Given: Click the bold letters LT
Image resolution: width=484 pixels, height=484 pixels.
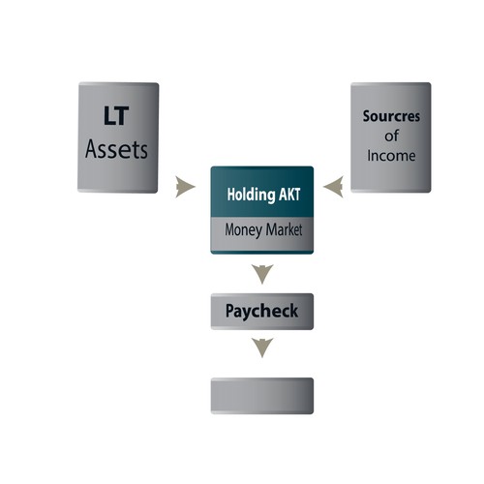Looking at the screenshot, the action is point(116,115).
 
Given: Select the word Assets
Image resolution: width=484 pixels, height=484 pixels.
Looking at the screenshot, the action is point(116,149).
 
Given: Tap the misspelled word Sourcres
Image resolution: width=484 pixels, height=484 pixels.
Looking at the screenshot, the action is point(391,116).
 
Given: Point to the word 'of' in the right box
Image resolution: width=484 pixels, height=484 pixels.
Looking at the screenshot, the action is point(391,136).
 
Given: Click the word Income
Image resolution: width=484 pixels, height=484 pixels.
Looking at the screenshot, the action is point(391,156).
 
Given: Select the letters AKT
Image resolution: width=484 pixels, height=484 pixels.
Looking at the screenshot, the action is point(289,195).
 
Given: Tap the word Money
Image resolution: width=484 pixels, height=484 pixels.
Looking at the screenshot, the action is point(243,230).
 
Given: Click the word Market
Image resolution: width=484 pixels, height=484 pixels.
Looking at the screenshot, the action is point(284,229).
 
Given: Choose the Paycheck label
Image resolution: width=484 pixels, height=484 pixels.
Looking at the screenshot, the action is point(261,311).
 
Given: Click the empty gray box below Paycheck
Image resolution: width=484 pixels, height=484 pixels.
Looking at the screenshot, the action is point(262,396).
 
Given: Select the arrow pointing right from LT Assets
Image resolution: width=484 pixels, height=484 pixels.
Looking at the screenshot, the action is point(185,187).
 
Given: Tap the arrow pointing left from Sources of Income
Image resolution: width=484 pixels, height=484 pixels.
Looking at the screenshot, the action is point(333,187).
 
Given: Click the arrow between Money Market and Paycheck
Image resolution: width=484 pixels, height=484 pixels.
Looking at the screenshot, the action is point(262,274).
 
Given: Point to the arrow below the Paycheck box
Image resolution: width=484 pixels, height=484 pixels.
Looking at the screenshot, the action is point(262,348).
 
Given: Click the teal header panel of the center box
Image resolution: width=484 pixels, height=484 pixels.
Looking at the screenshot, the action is point(262,192).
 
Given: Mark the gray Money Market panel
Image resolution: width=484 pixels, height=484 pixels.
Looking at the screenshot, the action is point(262,234).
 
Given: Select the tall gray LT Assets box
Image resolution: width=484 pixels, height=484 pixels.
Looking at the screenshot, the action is point(118,137).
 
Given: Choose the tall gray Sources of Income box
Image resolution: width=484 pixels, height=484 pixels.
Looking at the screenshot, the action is point(391,137).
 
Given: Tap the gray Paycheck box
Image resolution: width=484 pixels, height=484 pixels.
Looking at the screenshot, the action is point(262,312).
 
